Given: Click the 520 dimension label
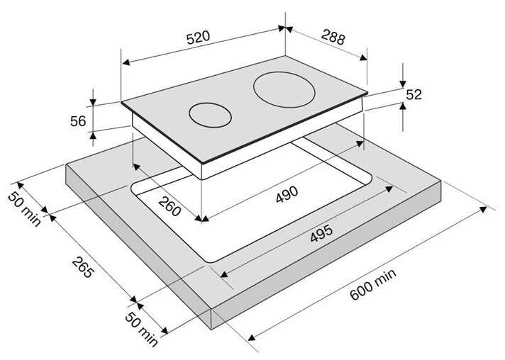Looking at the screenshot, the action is (x=198, y=38).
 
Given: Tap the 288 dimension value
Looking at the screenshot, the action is (x=333, y=37).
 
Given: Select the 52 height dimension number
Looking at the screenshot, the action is (x=414, y=94).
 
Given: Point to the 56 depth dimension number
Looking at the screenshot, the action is (x=78, y=121).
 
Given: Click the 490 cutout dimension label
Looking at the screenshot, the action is (x=287, y=194).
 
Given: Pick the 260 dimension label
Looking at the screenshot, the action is (x=170, y=206).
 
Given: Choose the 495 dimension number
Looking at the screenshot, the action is (x=321, y=233).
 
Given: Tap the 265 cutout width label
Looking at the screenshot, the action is (x=83, y=267).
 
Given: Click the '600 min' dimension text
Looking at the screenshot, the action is (x=373, y=284).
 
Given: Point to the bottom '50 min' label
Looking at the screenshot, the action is (x=141, y=329).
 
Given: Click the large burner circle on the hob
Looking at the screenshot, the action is (x=284, y=89).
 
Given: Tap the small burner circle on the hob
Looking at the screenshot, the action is (x=210, y=116).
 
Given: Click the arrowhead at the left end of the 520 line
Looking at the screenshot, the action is (x=126, y=62).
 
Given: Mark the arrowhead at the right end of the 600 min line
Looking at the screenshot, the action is (x=483, y=210).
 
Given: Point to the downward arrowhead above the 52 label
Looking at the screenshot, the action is (x=403, y=84).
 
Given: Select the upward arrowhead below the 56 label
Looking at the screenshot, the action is (x=93, y=136).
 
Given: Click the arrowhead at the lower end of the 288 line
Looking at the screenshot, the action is (x=363, y=57).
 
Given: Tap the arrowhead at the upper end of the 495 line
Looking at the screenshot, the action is (x=389, y=189).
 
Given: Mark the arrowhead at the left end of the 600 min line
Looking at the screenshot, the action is (x=252, y=337).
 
